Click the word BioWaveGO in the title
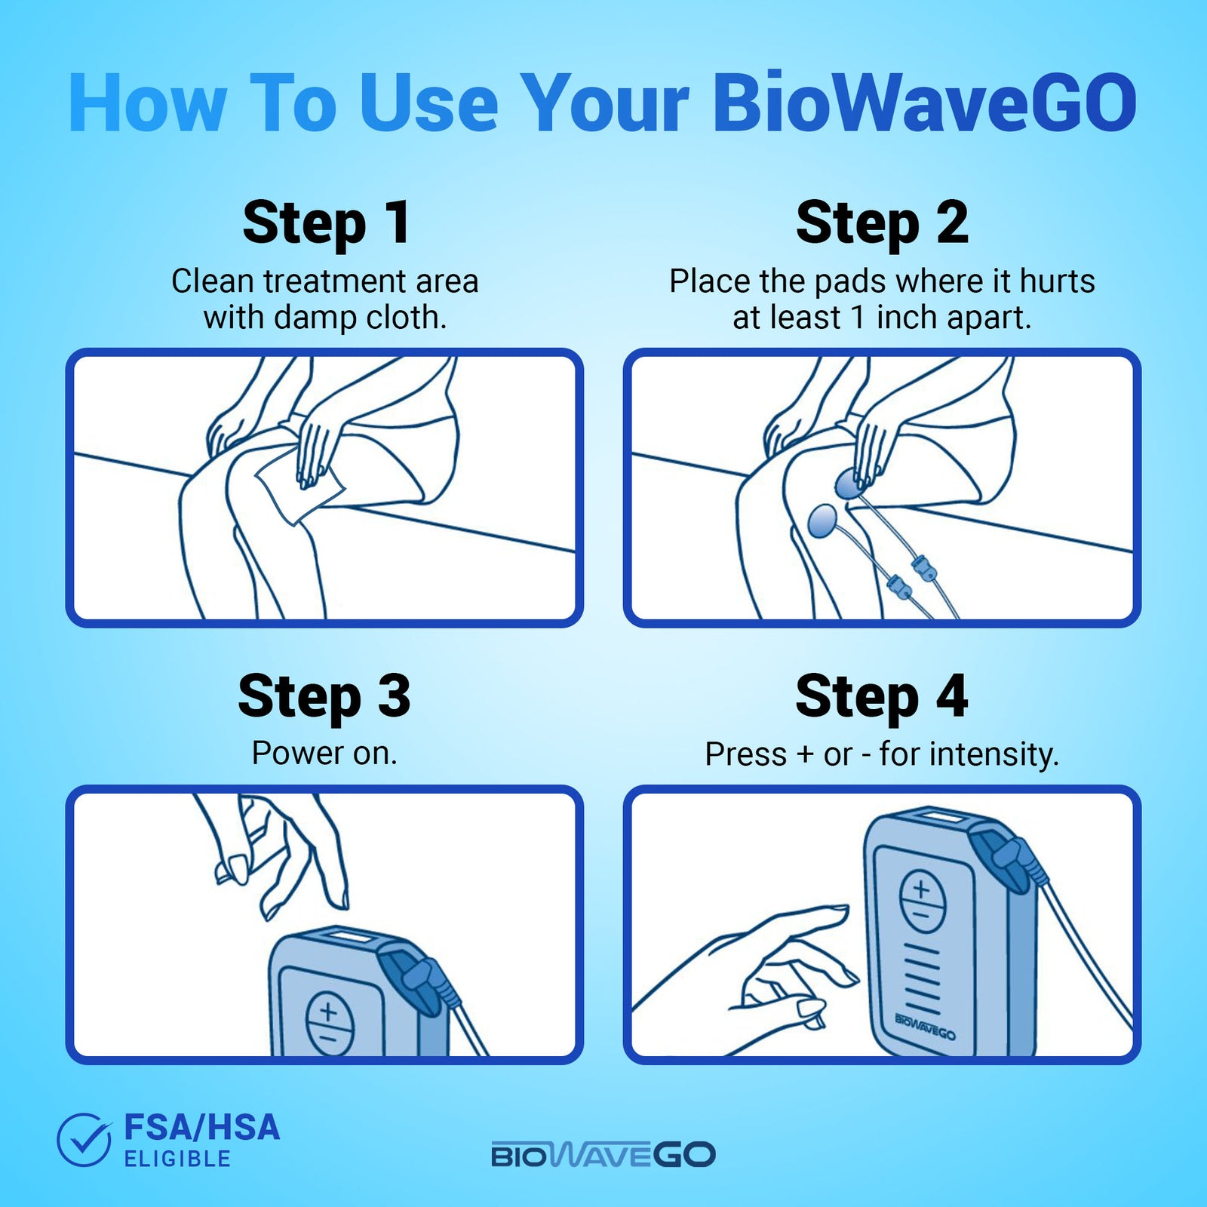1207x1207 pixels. click(924, 103)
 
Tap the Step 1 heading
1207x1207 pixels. click(326, 223)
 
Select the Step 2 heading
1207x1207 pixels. click(882, 223)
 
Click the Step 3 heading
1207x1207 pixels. click(324, 696)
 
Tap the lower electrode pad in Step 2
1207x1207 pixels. click(822, 521)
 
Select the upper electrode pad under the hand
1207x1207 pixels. click(849, 484)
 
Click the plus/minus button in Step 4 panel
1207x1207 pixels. click(922, 901)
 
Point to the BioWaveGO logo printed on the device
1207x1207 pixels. click(925, 1027)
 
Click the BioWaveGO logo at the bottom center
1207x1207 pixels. click(603, 1155)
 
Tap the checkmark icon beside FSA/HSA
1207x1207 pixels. click(84, 1140)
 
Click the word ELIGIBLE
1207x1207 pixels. click(177, 1159)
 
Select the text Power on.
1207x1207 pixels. click(324, 753)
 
